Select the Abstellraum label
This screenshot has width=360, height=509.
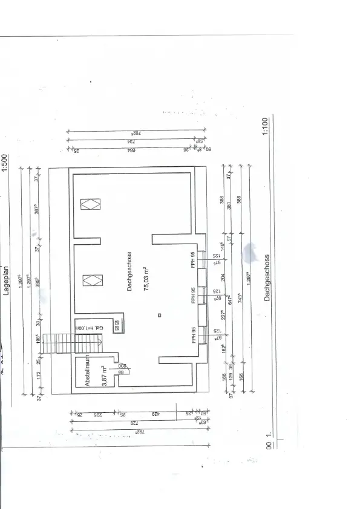[x=87, y=371]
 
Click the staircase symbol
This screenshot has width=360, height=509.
[x=61, y=345]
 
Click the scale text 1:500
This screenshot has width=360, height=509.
[x=5, y=163]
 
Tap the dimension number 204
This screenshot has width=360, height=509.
[x=223, y=279]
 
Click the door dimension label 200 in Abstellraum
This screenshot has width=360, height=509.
[x=120, y=366]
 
